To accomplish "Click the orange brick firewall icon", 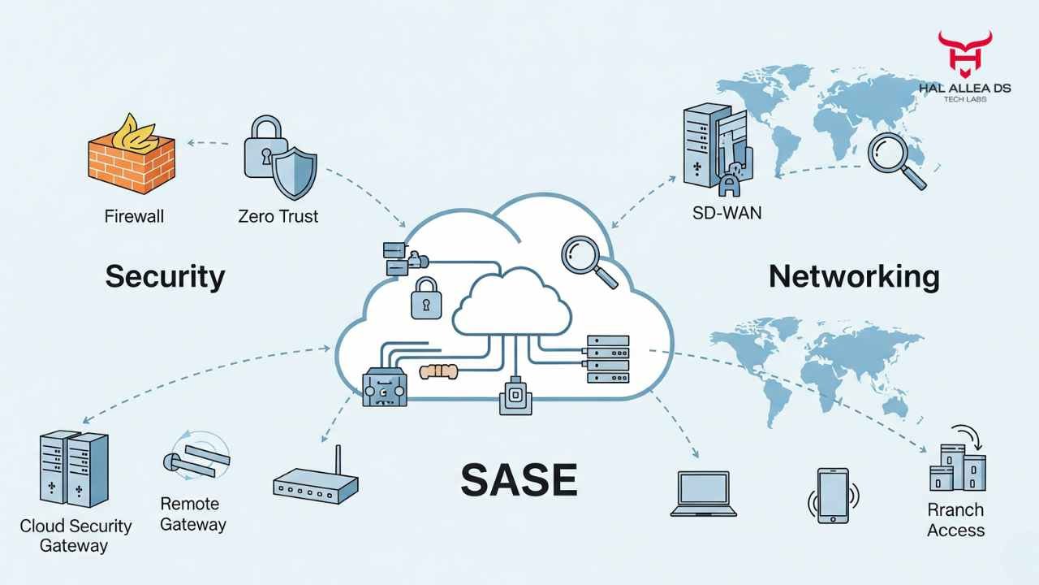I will (131, 158).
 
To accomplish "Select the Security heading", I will (165, 277).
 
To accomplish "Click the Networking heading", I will (854, 277).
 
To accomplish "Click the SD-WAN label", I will (726, 214).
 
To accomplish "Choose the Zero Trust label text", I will (278, 216).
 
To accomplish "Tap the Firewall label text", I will (134, 216).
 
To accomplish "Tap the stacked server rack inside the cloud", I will (607, 360).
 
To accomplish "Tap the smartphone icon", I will (833, 495).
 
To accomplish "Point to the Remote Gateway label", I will (192, 513).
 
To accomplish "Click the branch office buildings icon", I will (957, 469).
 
